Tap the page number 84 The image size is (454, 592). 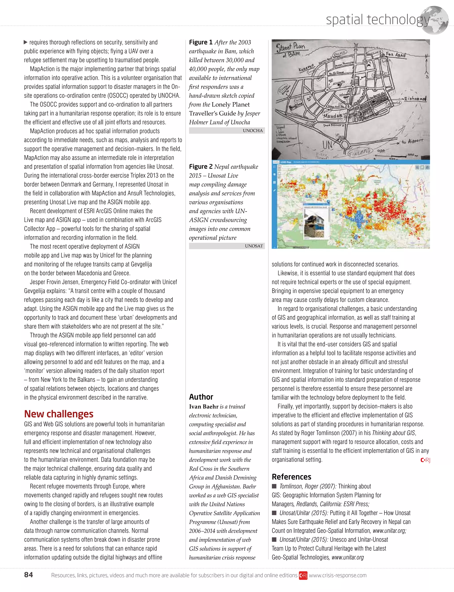[x=28, y=575]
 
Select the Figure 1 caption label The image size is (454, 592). [x=201, y=42]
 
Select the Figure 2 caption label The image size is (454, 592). [x=201, y=166]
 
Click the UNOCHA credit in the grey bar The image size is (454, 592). [x=252, y=131]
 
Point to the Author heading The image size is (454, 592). [x=201, y=397]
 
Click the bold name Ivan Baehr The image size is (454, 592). [x=204, y=406]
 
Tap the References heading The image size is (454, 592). [x=291, y=477]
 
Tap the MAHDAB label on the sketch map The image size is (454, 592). [x=333, y=116]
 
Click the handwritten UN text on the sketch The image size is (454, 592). [x=327, y=145]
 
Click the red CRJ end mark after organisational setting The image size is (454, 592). [x=425, y=460]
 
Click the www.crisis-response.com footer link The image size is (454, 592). [x=338, y=575]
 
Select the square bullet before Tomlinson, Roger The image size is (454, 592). [x=274, y=486]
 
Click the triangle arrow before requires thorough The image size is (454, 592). [x=26, y=42]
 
